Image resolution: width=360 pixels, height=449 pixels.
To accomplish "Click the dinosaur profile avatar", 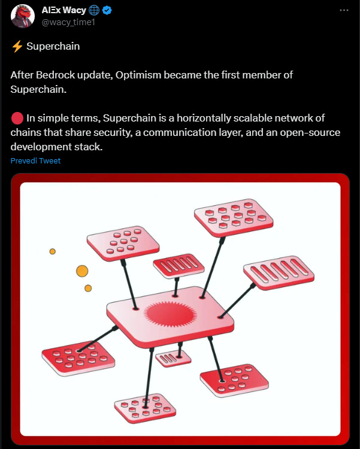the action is tap(23, 16).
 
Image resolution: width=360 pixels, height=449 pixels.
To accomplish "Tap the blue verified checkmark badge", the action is tap(107, 11).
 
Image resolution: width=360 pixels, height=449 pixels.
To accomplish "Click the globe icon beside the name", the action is tap(94, 11).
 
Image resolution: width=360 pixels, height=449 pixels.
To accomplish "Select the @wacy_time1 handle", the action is tap(68, 22).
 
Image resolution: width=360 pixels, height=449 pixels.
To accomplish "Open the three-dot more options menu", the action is tap(344, 10).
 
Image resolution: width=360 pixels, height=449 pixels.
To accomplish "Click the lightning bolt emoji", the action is tap(17, 46).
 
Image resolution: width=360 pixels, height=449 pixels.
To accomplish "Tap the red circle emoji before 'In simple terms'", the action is tap(17, 119).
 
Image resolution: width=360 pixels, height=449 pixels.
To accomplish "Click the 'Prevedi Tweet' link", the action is tap(35, 160).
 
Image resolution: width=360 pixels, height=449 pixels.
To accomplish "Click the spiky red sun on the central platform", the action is tap(170, 314).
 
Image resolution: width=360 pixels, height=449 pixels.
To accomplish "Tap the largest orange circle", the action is tap(82, 271).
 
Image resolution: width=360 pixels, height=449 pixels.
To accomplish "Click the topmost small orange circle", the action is tap(53, 251).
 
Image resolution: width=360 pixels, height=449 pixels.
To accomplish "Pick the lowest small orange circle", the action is tap(88, 288).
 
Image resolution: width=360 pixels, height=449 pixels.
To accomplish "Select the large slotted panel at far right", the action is tap(279, 272).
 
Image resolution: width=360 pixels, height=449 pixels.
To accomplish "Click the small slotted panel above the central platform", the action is tap(179, 266).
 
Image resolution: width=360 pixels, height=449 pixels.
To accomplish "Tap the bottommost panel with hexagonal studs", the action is tap(146, 408).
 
